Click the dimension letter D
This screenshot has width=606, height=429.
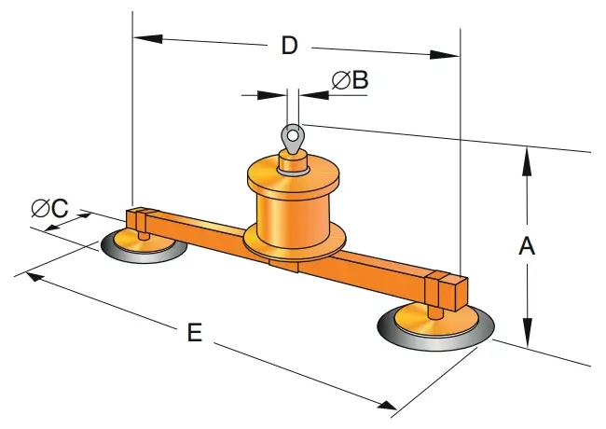point(289,46)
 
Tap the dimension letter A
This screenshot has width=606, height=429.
point(527,247)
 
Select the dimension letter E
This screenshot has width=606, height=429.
point(194,333)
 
